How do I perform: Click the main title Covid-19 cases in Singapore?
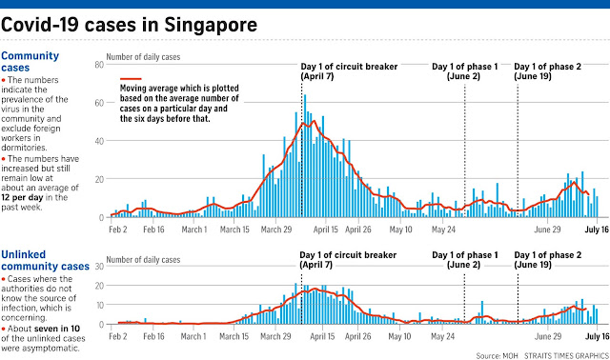tap(130, 25)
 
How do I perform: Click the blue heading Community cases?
tap(30, 61)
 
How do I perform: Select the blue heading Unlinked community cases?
tap(45, 260)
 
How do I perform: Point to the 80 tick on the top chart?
tap(99, 65)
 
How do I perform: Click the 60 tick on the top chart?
tap(99, 103)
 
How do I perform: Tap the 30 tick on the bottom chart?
tap(99, 267)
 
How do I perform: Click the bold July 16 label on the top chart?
tap(597, 230)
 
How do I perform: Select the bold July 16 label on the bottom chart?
tap(597, 336)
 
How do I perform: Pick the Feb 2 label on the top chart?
tap(118, 230)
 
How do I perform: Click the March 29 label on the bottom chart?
tap(275, 336)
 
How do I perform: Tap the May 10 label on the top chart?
tap(400, 230)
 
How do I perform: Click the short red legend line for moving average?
tap(131, 79)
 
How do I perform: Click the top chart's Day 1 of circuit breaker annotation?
tap(349, 71)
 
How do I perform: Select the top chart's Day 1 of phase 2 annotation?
tap(548, 71)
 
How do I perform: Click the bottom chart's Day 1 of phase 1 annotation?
tap(465, 260)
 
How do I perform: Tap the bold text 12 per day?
tap(22, 197)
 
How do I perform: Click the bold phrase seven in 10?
tap(57, 329)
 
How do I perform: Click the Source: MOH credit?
tap(497, 356)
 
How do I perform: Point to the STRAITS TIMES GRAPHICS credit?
tap(566, 356)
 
